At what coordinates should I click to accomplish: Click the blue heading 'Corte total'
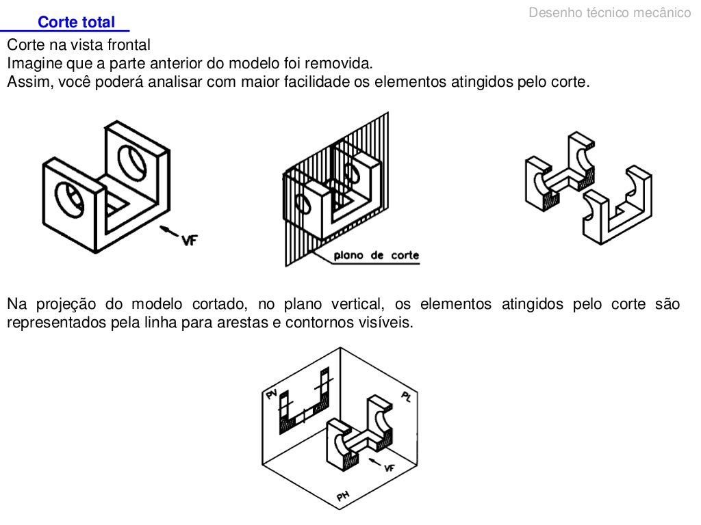[76, 22]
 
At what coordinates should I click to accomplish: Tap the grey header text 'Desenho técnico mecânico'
[610, 12]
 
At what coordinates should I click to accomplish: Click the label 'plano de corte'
[376, 256]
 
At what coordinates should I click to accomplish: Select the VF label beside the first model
[190, 240]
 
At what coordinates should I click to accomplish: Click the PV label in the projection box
[272, 394]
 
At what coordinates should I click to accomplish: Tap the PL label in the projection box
[406, 396]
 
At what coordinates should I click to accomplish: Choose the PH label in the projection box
[343, 496]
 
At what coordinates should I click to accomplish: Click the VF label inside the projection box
[390, 468]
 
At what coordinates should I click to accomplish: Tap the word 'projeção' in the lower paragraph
[66, 304]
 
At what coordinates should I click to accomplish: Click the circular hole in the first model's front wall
[69, 200]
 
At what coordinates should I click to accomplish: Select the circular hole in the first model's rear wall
[132, 161]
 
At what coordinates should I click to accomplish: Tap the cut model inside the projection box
[360, 433]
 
